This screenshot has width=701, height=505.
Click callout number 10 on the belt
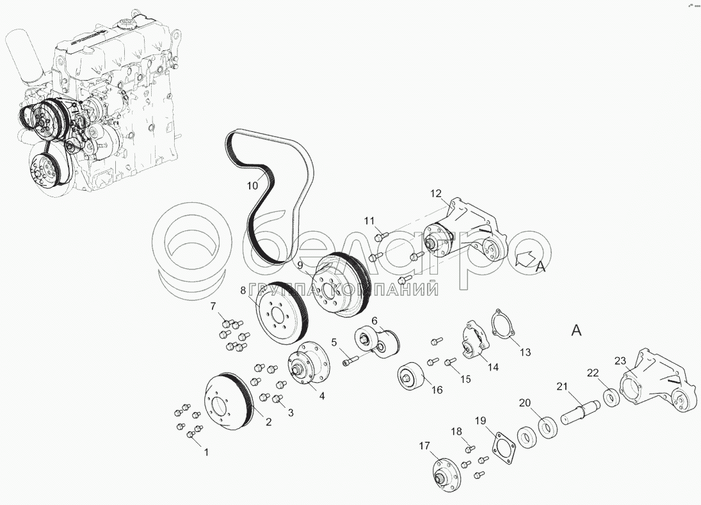[253, 186]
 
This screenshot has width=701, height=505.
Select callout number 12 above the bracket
[436, 193]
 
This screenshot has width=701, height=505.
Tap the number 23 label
[620, 360]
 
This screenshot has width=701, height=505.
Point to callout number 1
[206, 453]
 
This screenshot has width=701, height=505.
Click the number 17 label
[424, 445]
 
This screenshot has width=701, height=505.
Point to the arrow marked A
[526, 260]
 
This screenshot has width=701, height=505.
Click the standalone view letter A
[577, 331]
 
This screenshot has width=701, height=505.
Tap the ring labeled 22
[611, 398]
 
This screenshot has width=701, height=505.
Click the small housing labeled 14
[474, 339]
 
